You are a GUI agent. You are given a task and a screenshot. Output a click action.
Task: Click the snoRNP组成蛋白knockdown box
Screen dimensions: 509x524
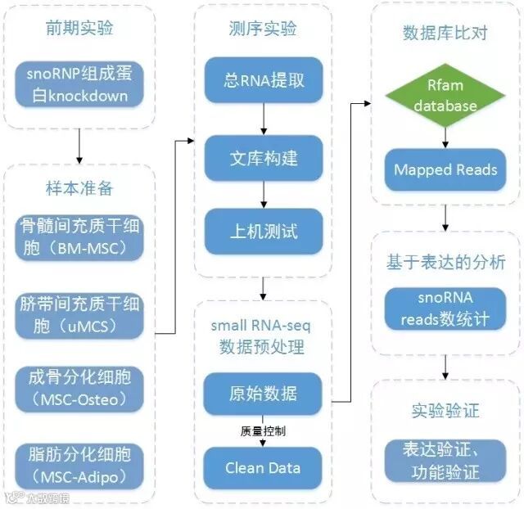click(79, 85)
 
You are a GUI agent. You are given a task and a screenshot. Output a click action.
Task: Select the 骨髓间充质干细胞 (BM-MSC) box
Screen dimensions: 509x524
click(79, 235)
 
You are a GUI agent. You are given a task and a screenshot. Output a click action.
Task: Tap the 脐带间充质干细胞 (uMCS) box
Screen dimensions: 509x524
click(79, 315)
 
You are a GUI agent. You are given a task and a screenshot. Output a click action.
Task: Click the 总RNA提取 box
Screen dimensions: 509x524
click(263, 81)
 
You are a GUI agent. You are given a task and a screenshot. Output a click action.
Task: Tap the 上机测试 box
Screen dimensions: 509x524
click(263, 232)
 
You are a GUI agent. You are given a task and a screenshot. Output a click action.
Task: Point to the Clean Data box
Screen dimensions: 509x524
click(263, 468)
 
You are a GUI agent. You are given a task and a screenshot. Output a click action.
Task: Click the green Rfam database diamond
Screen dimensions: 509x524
click(445, 97)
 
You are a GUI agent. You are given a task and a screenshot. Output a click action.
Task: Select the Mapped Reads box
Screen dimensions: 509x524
click(445, 170)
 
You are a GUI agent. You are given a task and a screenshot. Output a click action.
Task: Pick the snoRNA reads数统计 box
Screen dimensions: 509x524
click(445, 308)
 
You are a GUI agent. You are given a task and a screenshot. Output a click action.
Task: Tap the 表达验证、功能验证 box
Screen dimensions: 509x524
click(445, 460)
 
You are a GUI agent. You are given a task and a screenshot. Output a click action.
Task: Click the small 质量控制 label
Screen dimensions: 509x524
click(263, 430)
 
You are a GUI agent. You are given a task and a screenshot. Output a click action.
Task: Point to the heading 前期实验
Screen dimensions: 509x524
click(79, 29)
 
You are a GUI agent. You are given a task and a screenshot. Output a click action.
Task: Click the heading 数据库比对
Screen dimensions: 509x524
click(445, 33)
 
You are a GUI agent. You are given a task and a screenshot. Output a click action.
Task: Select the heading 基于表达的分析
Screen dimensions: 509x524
click(445, 264)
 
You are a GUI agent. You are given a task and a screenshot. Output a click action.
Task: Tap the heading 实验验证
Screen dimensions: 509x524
click(445, 408)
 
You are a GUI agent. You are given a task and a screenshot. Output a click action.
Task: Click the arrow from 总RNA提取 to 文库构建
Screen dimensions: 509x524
click(263, 119)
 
